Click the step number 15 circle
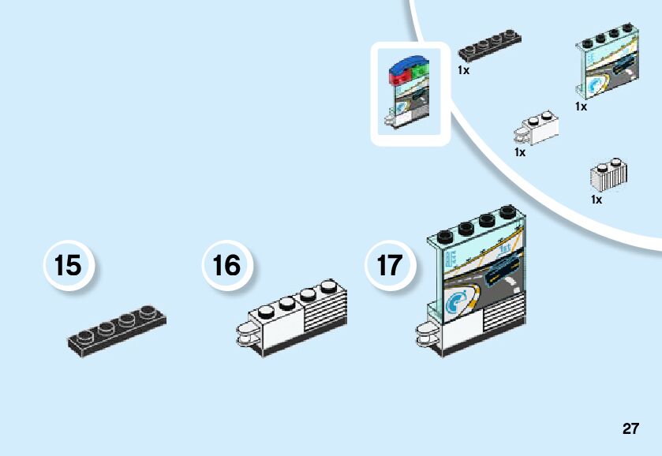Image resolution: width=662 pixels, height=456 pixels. pos(68,265)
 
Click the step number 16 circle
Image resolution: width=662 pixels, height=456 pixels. pos(227,265)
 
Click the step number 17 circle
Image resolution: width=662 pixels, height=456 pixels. pos(389,265)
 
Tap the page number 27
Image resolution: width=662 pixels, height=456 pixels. pos(630,428)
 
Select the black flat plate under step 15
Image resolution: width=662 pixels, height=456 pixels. pos(116,330)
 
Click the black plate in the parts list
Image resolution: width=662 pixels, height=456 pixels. pos(489,46)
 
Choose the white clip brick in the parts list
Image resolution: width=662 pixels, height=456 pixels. pos(537,129)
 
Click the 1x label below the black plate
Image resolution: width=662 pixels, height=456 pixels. pos(463,70)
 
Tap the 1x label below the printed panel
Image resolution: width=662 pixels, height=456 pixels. pos(581,107)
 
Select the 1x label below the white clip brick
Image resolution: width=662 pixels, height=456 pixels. pos(519,152)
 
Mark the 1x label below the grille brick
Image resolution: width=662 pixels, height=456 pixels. pos(597,200)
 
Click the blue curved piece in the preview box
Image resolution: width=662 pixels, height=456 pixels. pos(410,61)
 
